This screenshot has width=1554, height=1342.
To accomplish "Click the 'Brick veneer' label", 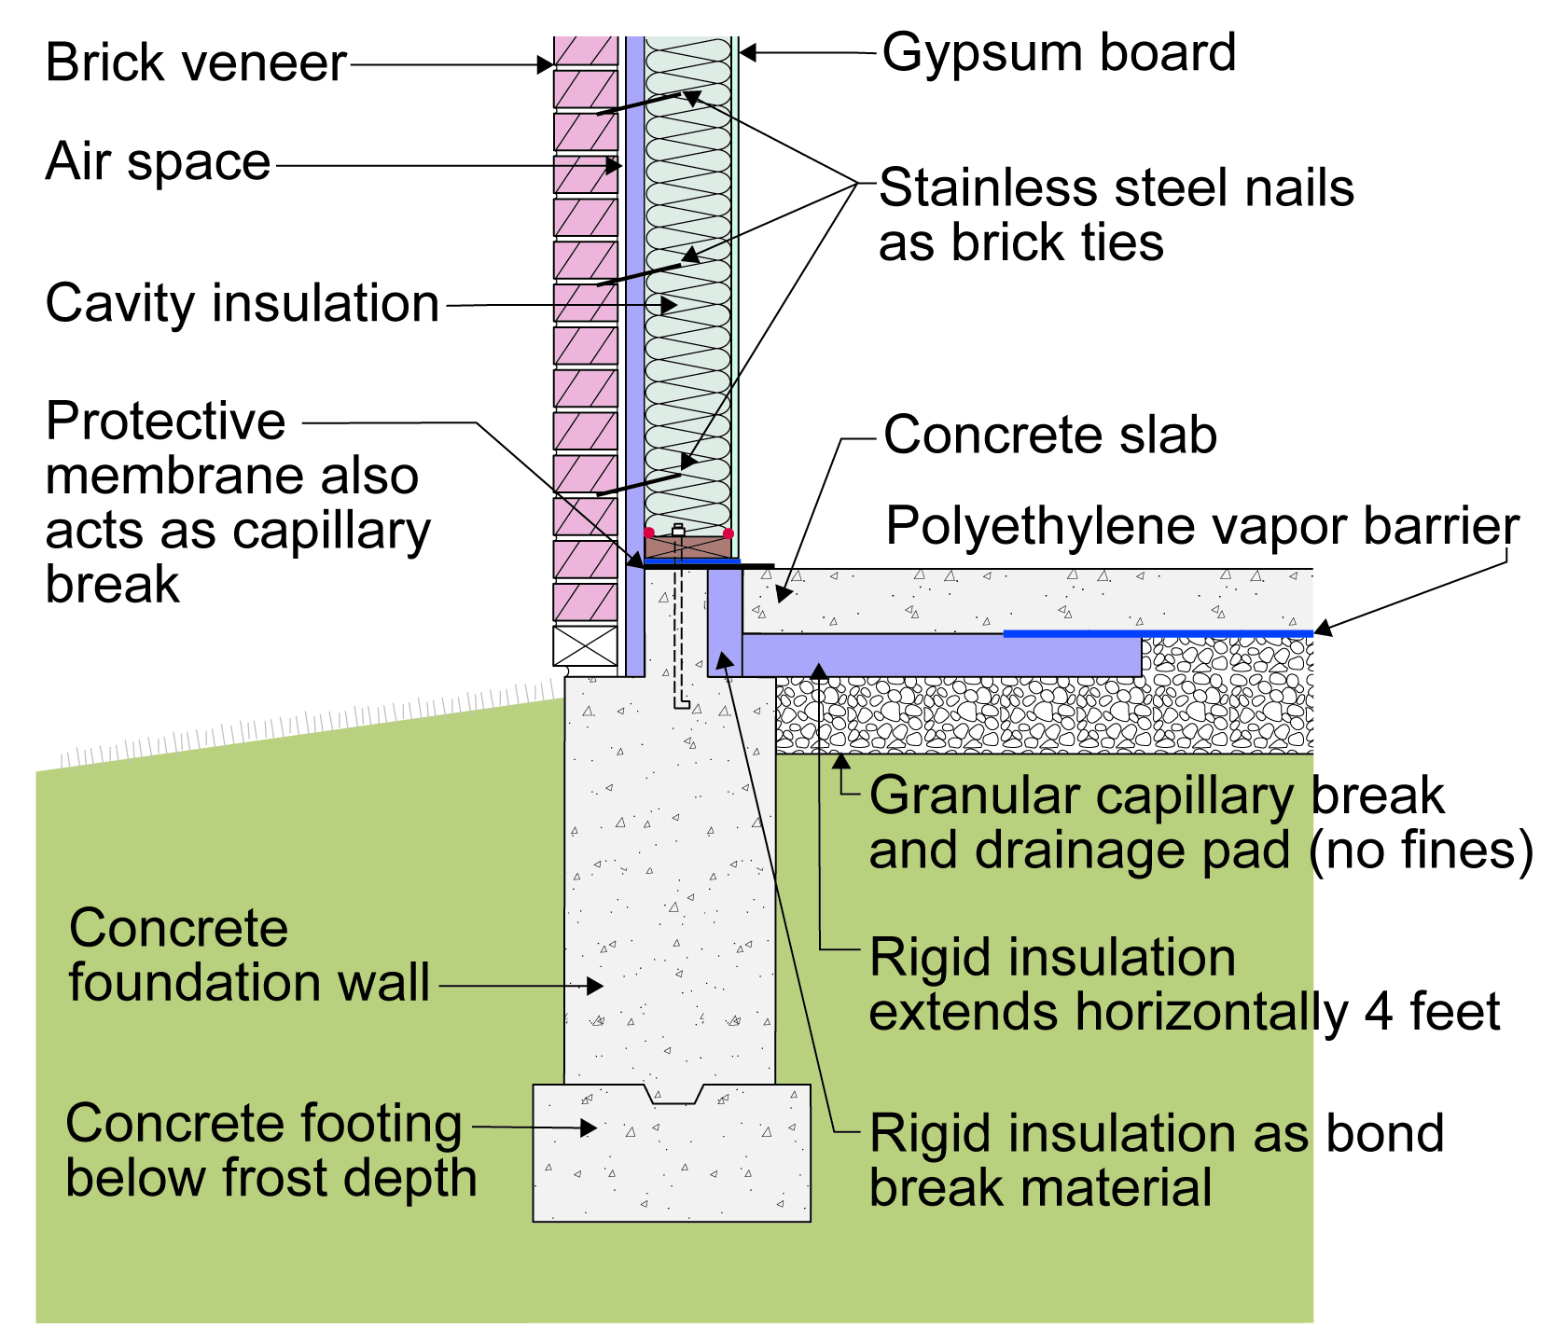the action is [196, 63].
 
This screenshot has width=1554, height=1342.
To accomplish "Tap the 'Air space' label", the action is [158, 161].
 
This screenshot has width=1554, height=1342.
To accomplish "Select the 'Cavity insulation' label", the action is [243, 304].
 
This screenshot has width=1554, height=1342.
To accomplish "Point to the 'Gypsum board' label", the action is [1059, 54].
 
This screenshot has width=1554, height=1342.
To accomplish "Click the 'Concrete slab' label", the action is [1050, 436].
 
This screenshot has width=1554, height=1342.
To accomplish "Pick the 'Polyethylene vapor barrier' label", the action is [1202, 528].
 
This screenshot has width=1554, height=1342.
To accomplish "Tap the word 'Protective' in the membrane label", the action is [165, 422].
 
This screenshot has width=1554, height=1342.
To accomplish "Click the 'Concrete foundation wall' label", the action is [249, 956].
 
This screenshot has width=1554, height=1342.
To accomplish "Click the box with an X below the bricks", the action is [585, 645].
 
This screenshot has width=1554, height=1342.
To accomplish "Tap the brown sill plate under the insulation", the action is [688, 546].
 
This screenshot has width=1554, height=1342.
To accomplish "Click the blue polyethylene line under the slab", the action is [1158, 634].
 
